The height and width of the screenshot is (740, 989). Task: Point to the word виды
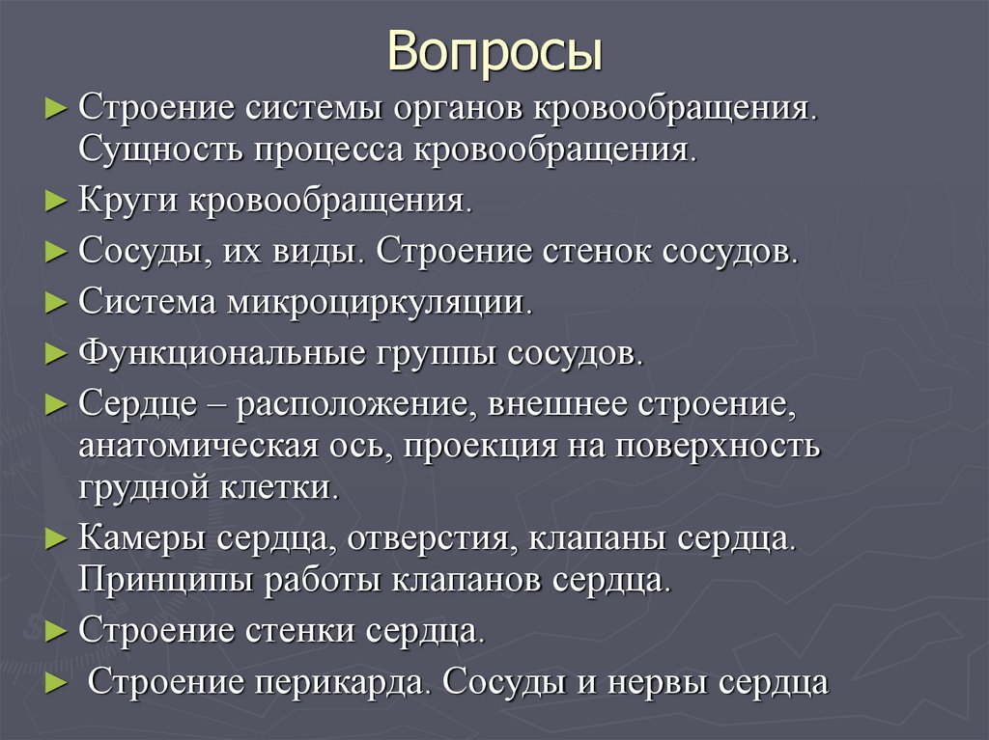(x=320, y=253)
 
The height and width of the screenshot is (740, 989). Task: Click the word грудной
(x=135, y=487)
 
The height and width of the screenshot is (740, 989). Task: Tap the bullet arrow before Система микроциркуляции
(x=55, y=301)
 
